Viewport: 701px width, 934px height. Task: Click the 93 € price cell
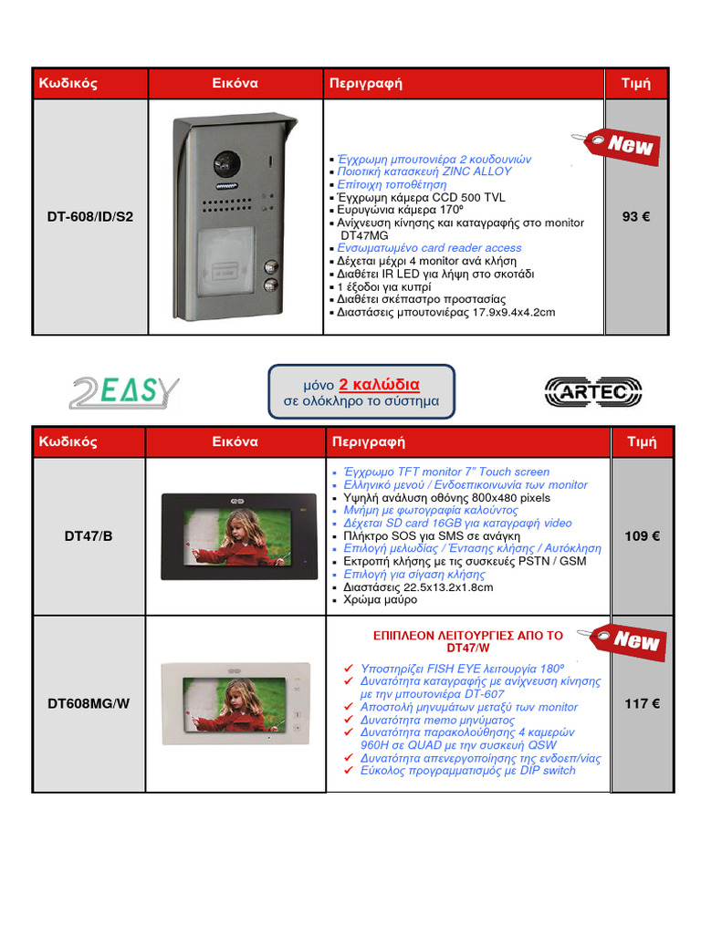click(x=635, y=217)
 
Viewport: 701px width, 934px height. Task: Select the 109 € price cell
click(x=643, y=536)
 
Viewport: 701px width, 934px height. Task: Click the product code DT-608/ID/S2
click(x=90, y=217)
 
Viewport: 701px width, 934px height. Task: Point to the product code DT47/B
click(x=89, y=536)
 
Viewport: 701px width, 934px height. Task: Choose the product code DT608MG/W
click(x=89, y=703)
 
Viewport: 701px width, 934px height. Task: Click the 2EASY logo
click(x=125, y=392)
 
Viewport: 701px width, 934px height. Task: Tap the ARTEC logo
click(x=592, y=392)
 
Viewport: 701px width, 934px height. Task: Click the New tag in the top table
click(x=623, y=145)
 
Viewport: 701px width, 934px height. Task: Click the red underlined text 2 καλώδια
click(x=379, y=384)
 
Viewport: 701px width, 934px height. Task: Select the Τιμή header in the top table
click(x=635, y=83)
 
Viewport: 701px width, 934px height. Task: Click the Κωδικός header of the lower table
click(x=68, y=442)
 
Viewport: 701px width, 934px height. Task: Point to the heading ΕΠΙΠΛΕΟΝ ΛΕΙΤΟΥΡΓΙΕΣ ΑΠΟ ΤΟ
click(x=467, y=635)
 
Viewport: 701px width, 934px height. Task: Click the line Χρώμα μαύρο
click(x=381, y=600)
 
